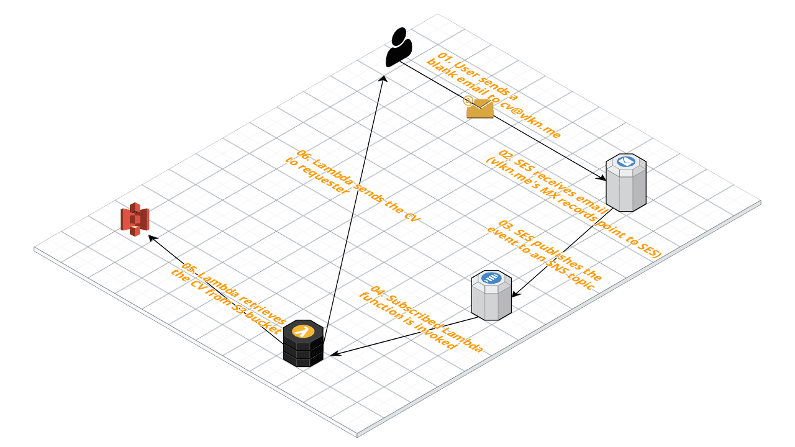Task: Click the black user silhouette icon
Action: tap(399, 47)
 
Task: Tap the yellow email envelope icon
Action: tap(479, 108)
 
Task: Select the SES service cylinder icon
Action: tap(626, 183)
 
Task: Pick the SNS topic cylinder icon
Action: tap(491, 295)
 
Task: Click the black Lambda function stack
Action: tap(303, 344)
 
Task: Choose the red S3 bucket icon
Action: tap(135, 220)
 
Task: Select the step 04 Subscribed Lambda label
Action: tap(422, 318)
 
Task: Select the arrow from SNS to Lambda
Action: tap(404, 336)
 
